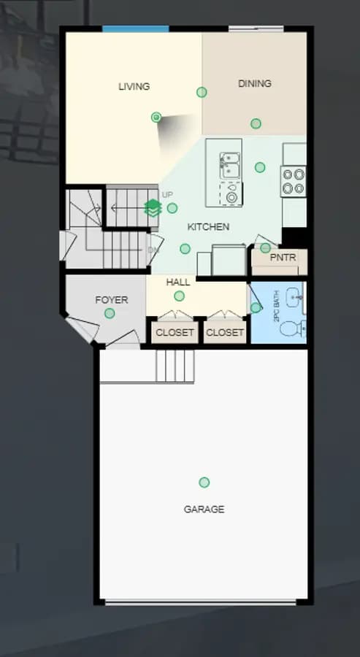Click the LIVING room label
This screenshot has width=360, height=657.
click(134, 87)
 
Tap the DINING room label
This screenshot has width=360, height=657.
click(254, 83)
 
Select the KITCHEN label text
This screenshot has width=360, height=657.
click(208, 227)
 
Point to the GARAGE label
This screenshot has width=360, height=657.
click(204, 509)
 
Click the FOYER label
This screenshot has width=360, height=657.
click(112, 300)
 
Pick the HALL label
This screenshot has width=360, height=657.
click(178, 282)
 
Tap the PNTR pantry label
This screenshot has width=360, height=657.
click(283, 257)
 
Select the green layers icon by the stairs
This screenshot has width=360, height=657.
click(153, 208)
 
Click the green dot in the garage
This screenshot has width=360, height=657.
click(204, 483)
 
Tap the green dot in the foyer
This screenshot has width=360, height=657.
click(110, 313)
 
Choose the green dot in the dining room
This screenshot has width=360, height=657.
click(256, 123)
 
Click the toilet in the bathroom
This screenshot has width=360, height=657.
click(293, 328)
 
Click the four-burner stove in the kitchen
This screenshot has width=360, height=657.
click(293, 182)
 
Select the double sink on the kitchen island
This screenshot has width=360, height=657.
click(230, 165)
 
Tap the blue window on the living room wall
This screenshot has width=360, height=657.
click(136, 29)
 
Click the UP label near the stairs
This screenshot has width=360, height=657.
click(167, 195)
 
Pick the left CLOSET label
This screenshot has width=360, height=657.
click(175, 333)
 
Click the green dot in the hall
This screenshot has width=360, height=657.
click(180, 296)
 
